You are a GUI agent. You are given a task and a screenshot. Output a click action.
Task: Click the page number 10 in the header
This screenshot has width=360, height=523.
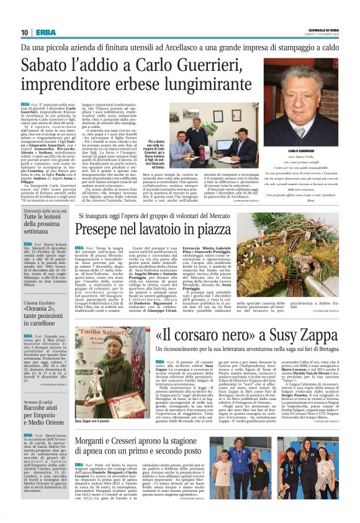[24, 32]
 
